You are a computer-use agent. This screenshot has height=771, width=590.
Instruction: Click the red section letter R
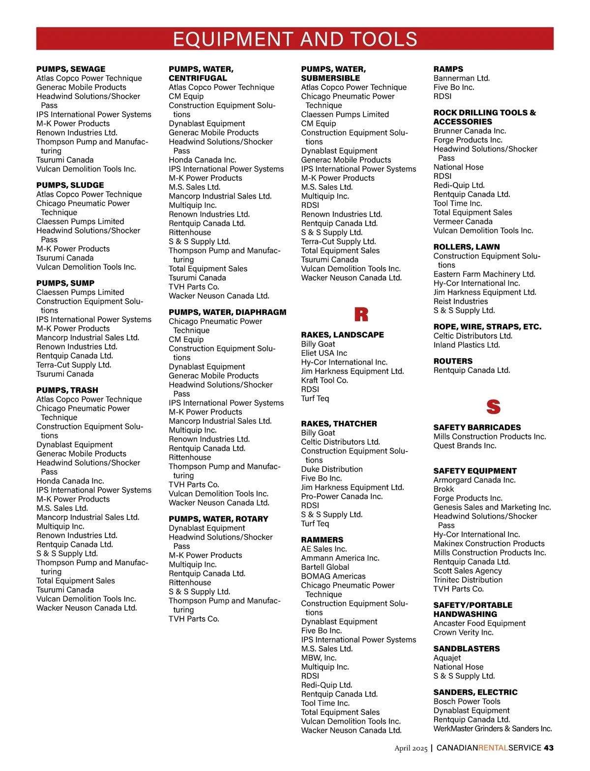click(361, 314)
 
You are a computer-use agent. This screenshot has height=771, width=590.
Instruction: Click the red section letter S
click(493, 407)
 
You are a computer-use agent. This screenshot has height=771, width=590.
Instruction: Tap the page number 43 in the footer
click(549, 748)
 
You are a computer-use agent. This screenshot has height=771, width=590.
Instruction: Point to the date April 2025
click(411, 748)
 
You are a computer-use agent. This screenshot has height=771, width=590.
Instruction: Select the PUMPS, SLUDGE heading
click(70, 185)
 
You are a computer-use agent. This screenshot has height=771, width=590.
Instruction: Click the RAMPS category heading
click(448, 69)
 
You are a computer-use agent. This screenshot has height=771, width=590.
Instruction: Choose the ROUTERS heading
click(453, 361)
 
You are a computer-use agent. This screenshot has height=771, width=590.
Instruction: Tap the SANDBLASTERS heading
click(466, 649)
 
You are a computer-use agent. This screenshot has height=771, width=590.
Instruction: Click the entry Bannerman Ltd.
click(461, 78)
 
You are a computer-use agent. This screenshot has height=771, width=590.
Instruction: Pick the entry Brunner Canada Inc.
click(470, 131)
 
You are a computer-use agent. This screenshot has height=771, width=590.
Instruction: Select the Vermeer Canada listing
click(463, 222)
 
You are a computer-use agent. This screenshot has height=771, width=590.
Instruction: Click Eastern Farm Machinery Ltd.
click(484, 274)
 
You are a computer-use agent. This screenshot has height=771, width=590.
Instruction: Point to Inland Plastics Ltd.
click(467, 345)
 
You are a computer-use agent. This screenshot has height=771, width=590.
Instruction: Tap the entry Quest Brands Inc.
click(465, 446)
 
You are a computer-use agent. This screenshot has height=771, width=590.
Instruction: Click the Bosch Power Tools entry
click(467, 702)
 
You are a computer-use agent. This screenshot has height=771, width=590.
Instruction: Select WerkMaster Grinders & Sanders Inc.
click(492, 729)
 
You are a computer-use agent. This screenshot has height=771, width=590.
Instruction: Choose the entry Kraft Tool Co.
click(324, 380)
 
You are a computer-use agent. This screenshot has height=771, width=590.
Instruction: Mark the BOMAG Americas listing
click(333, 576)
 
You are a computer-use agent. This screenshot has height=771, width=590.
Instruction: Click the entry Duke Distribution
click(331, 469)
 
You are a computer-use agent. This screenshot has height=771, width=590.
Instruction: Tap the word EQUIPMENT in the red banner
click(233, 39)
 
